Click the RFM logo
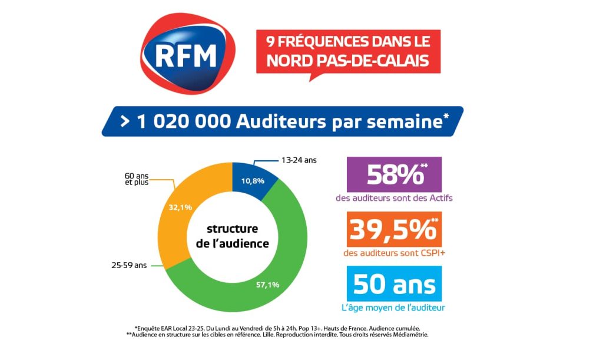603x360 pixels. (187, 54)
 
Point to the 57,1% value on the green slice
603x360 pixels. (267, 285)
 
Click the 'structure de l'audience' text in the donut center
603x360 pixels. (232, 236)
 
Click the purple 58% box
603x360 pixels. (394, 174)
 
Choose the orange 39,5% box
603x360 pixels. (394, 230)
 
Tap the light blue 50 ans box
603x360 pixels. (394, 284)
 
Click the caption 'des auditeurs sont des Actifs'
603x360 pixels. (394, 199)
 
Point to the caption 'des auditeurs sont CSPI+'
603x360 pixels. (394, 253)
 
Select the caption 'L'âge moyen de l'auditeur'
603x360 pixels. (394, 307)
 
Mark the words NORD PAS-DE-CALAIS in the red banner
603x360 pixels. (348, 61)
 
